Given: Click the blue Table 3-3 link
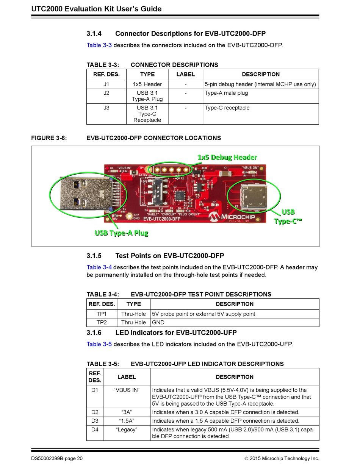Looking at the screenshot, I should pyautogui.click(x=99, y=45).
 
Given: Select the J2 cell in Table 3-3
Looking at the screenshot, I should pyautogui.click(x=106, y=93).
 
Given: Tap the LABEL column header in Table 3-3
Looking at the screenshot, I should pyautogui.click(x=185, y=74).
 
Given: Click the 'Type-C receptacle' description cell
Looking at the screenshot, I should pyautogui.click(x=227, y=108).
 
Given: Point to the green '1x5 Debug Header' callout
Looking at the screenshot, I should pyautogui.click(x=227, y=157).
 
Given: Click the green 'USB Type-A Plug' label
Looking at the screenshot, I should pyautogui.click(x=121, y=233).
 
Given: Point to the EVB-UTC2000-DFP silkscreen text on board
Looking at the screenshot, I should pyautogui.click(x=162, y=219).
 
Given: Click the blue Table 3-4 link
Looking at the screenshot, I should pyautogui.click(x=99, y=267).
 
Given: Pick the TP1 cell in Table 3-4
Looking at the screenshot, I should pyautogui.click(x=102, y=314).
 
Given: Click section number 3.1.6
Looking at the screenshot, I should pyautogui.click(x=94, y=333).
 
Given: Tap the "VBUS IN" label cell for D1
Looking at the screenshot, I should pyautogui.click(x=127, y=390).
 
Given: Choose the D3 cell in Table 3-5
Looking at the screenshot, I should pyautogui.click(x=95, y=421).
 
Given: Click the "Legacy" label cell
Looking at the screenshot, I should pyautogui.click(x=127, y=429).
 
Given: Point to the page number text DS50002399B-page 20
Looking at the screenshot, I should pyautogui.click(x=57, y=459).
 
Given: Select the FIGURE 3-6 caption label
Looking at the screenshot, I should pyautogui.click(x=49, y=138).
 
